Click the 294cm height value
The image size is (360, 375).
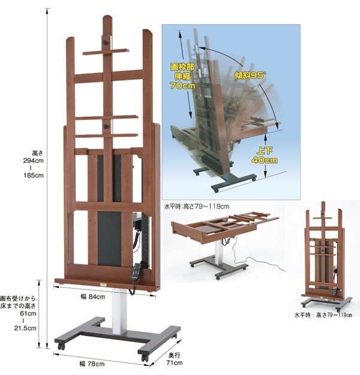[x=33, y=160]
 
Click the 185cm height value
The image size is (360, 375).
[x=34, y=175]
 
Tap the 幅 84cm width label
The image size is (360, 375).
[x=93, y=297]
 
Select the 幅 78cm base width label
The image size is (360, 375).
[x=92, y=364]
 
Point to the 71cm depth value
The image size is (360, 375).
[x=175, y=363]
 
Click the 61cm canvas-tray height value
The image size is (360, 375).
[x=28, y=313]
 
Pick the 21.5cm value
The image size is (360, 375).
[x=25, y=328]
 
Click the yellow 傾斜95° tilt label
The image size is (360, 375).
[x=250, y=76]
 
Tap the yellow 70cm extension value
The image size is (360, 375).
[x=182, y=85]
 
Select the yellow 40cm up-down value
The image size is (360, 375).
[x=265, y=160]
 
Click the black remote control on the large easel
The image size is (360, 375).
[x=137, y=272]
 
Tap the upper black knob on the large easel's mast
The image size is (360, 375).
[x=104, y=43]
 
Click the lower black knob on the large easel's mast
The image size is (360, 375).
[x=105, y=127]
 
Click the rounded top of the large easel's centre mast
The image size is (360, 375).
[x=107, y=18]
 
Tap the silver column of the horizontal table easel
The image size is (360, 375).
[x=218, y=253]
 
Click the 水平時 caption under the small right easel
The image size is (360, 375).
[x=302, y=315]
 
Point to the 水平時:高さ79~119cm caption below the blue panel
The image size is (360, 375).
[x=197, y=206]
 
